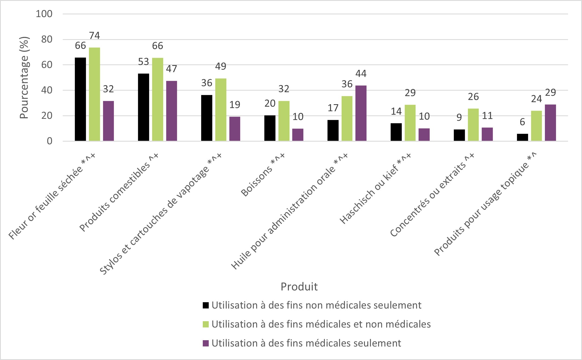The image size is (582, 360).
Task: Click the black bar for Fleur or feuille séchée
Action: tap(80, 99)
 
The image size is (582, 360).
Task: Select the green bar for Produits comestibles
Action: tap(157, 99)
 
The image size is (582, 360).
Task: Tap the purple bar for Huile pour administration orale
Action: tap(361, 113)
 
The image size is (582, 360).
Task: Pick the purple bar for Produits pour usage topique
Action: tap(550, 123)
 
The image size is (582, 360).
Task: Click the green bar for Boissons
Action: tap(284, 121)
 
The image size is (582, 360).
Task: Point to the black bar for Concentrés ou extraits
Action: tap(459, 135)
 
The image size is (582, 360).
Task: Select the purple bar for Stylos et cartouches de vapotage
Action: tap(234, 129)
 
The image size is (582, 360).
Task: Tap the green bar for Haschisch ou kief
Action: tap(410, 123)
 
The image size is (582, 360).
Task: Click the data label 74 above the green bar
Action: tap(94, 36)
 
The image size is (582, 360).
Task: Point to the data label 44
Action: tap(361, 74)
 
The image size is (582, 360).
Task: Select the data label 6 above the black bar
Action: tap(522, 122)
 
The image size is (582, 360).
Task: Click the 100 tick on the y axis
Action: tap(44, 14)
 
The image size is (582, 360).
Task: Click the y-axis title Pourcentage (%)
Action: tap(24, 78)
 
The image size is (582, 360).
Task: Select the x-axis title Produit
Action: tap(299, 286)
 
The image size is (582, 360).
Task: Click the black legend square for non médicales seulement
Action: tap(206, 305)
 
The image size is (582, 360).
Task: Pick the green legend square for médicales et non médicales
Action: tap(206, 324)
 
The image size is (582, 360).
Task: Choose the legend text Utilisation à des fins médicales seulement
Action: tap(306, 343)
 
